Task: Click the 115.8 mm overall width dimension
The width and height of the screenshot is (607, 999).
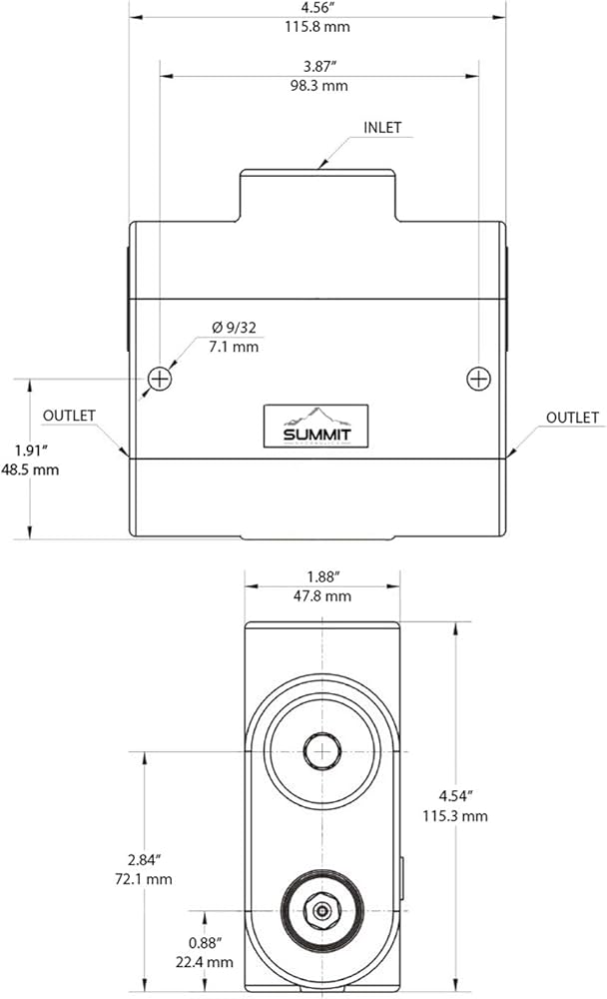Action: tap(317, 27)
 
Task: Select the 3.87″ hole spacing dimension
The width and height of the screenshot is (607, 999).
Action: tap(319, 66)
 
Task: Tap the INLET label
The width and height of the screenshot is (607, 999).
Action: tap(382, 128)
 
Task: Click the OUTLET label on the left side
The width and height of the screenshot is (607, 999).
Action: tap(69, 416)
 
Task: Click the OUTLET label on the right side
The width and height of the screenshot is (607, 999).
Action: tap(572, 418)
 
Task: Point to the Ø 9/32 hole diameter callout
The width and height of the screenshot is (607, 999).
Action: tap(234, 328)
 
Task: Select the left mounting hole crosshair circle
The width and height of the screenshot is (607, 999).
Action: tap(159, 379)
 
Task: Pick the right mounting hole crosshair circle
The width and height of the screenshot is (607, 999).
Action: tap(478, 379)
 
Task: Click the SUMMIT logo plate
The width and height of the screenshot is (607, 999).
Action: tap(315, 426)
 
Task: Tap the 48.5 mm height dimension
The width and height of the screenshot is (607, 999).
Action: tap(30, 471)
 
